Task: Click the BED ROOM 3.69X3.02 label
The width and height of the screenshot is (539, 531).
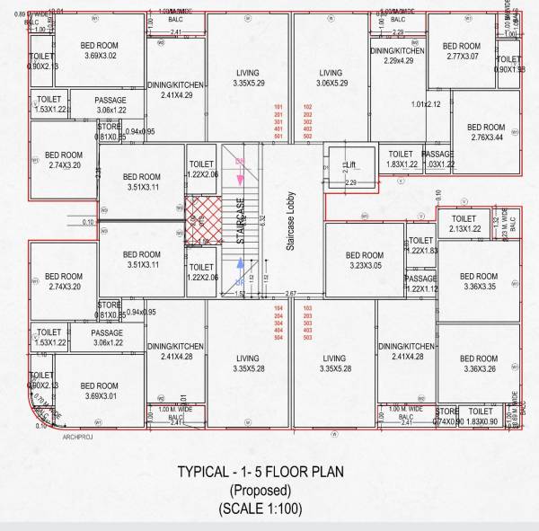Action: click(x=100, y=51)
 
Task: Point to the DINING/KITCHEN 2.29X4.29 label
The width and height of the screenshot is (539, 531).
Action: click(x=398, y=56)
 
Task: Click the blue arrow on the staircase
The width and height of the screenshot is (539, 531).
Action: click(x=240, y=262)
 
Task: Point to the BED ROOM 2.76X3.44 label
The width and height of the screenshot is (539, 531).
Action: click(x=485, y=133)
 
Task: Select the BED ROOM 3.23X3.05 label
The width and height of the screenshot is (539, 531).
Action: click(x=365, y=261)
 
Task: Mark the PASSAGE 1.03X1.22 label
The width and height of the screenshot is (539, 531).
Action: click(x=437, y=160)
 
